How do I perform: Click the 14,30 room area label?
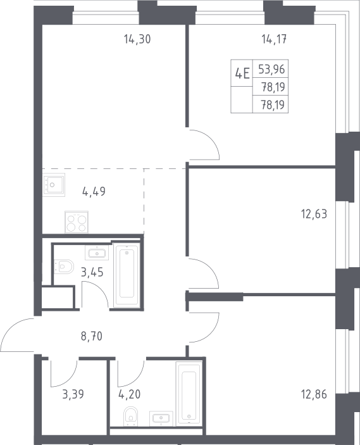137,39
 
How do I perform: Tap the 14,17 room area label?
274,39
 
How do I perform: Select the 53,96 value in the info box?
271,69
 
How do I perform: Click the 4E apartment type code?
242,74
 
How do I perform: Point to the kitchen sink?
54,185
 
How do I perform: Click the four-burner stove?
77,222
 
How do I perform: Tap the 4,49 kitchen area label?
94,192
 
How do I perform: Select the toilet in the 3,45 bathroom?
64,266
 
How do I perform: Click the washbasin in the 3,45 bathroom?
97,253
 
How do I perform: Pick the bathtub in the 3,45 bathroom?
127,275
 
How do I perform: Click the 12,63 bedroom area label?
314,214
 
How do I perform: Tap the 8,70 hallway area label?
91,337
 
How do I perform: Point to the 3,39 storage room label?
73,394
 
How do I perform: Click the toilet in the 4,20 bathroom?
131,417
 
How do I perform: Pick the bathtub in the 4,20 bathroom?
189,394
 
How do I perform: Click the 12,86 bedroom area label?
314,394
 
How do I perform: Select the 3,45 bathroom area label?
92,272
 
